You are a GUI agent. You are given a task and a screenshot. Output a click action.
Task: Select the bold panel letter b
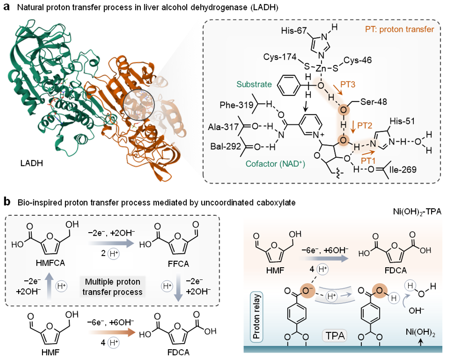tap(7, 201)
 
